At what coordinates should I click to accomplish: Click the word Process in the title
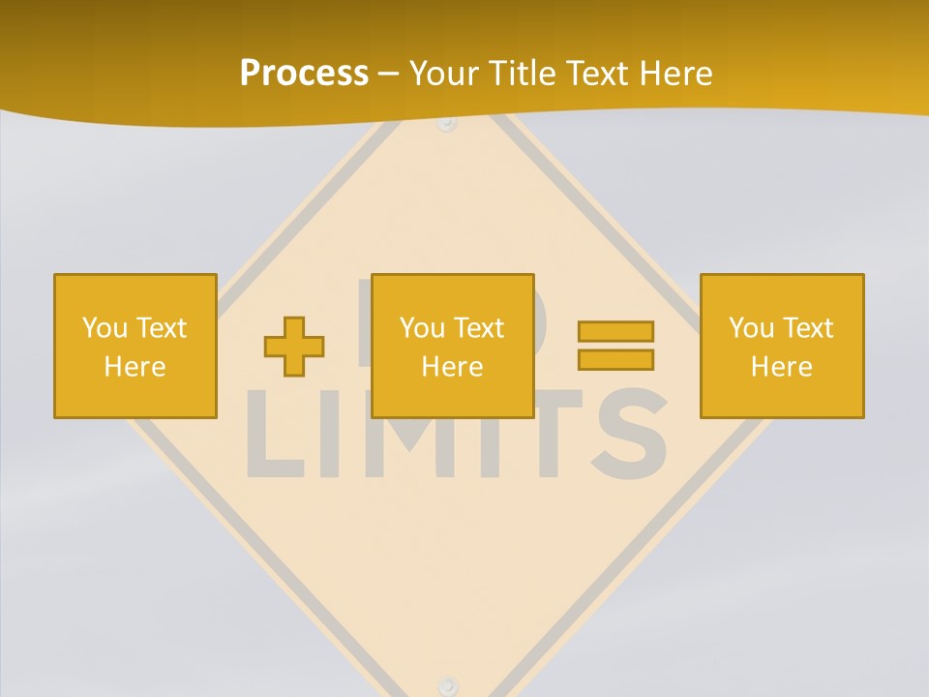[x=304, y=74]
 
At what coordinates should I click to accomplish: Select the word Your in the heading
[x=444, y=74]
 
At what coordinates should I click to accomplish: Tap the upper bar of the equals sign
[x=615, y=331]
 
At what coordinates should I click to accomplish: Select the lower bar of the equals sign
[x=615, y=359]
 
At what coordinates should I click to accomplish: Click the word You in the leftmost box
[x=105, y=328]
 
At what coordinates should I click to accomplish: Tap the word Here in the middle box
[x=452, y=367]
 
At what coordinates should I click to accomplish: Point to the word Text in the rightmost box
[x=809, y=328]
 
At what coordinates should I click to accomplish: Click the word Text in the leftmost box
[x=162, y=328]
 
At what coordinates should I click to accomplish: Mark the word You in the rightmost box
[x=751, y=328]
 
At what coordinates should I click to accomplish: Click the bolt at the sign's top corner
[x=446, y=124]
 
